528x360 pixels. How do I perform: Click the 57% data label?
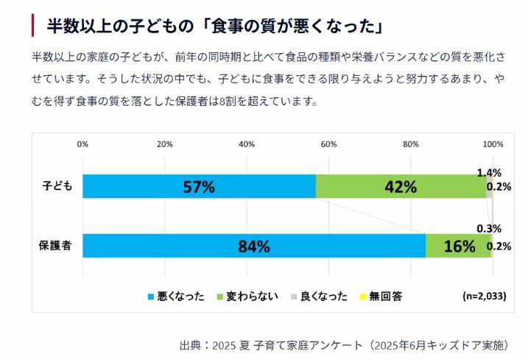198,187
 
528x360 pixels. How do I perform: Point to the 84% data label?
255,247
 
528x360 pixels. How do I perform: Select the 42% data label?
401,187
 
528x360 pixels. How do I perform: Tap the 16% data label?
459,247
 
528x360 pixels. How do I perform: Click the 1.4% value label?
489,172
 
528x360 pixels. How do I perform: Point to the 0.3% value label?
489,228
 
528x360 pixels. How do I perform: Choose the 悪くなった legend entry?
176,297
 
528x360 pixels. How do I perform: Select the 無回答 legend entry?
381,297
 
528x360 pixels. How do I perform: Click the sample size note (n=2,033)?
484,297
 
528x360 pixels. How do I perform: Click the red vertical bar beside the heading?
33,27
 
